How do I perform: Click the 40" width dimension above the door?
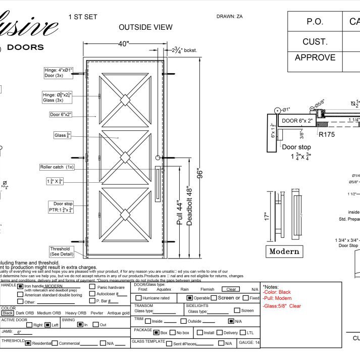(x=124, y=44)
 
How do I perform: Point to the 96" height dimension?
(x=200, y=173)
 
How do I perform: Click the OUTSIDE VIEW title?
(x=145, y=27)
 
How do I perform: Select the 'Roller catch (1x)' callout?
(x=57, y=167)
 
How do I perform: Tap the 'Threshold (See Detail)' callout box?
(x=63, y=251)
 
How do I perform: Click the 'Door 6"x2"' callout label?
(x=61, y=115)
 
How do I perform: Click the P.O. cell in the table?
(x=311, y=22)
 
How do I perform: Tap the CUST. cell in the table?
(x=315, y=41)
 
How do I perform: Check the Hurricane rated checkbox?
(x=138, y=298)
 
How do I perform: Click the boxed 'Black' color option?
(x=8, y=313)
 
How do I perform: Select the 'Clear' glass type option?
(x=232, y=290)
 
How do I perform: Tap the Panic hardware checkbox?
(x=92, y=287)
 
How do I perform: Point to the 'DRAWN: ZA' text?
(x=230, y=16)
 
